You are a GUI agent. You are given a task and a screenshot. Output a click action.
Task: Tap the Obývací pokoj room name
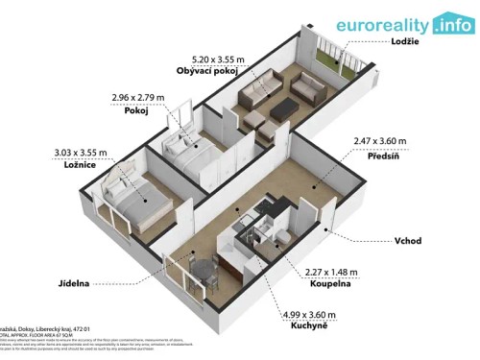pos(207,71)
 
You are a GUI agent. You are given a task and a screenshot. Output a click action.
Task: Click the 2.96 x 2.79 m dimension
pos(137,97)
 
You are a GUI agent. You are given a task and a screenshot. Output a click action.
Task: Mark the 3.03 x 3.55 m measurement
pos(79,152)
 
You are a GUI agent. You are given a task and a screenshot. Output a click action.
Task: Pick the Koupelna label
pos(327,284)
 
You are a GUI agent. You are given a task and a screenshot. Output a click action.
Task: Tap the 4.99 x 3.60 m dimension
pos(308,315)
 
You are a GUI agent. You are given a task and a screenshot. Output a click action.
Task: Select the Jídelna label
pos(74,284)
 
